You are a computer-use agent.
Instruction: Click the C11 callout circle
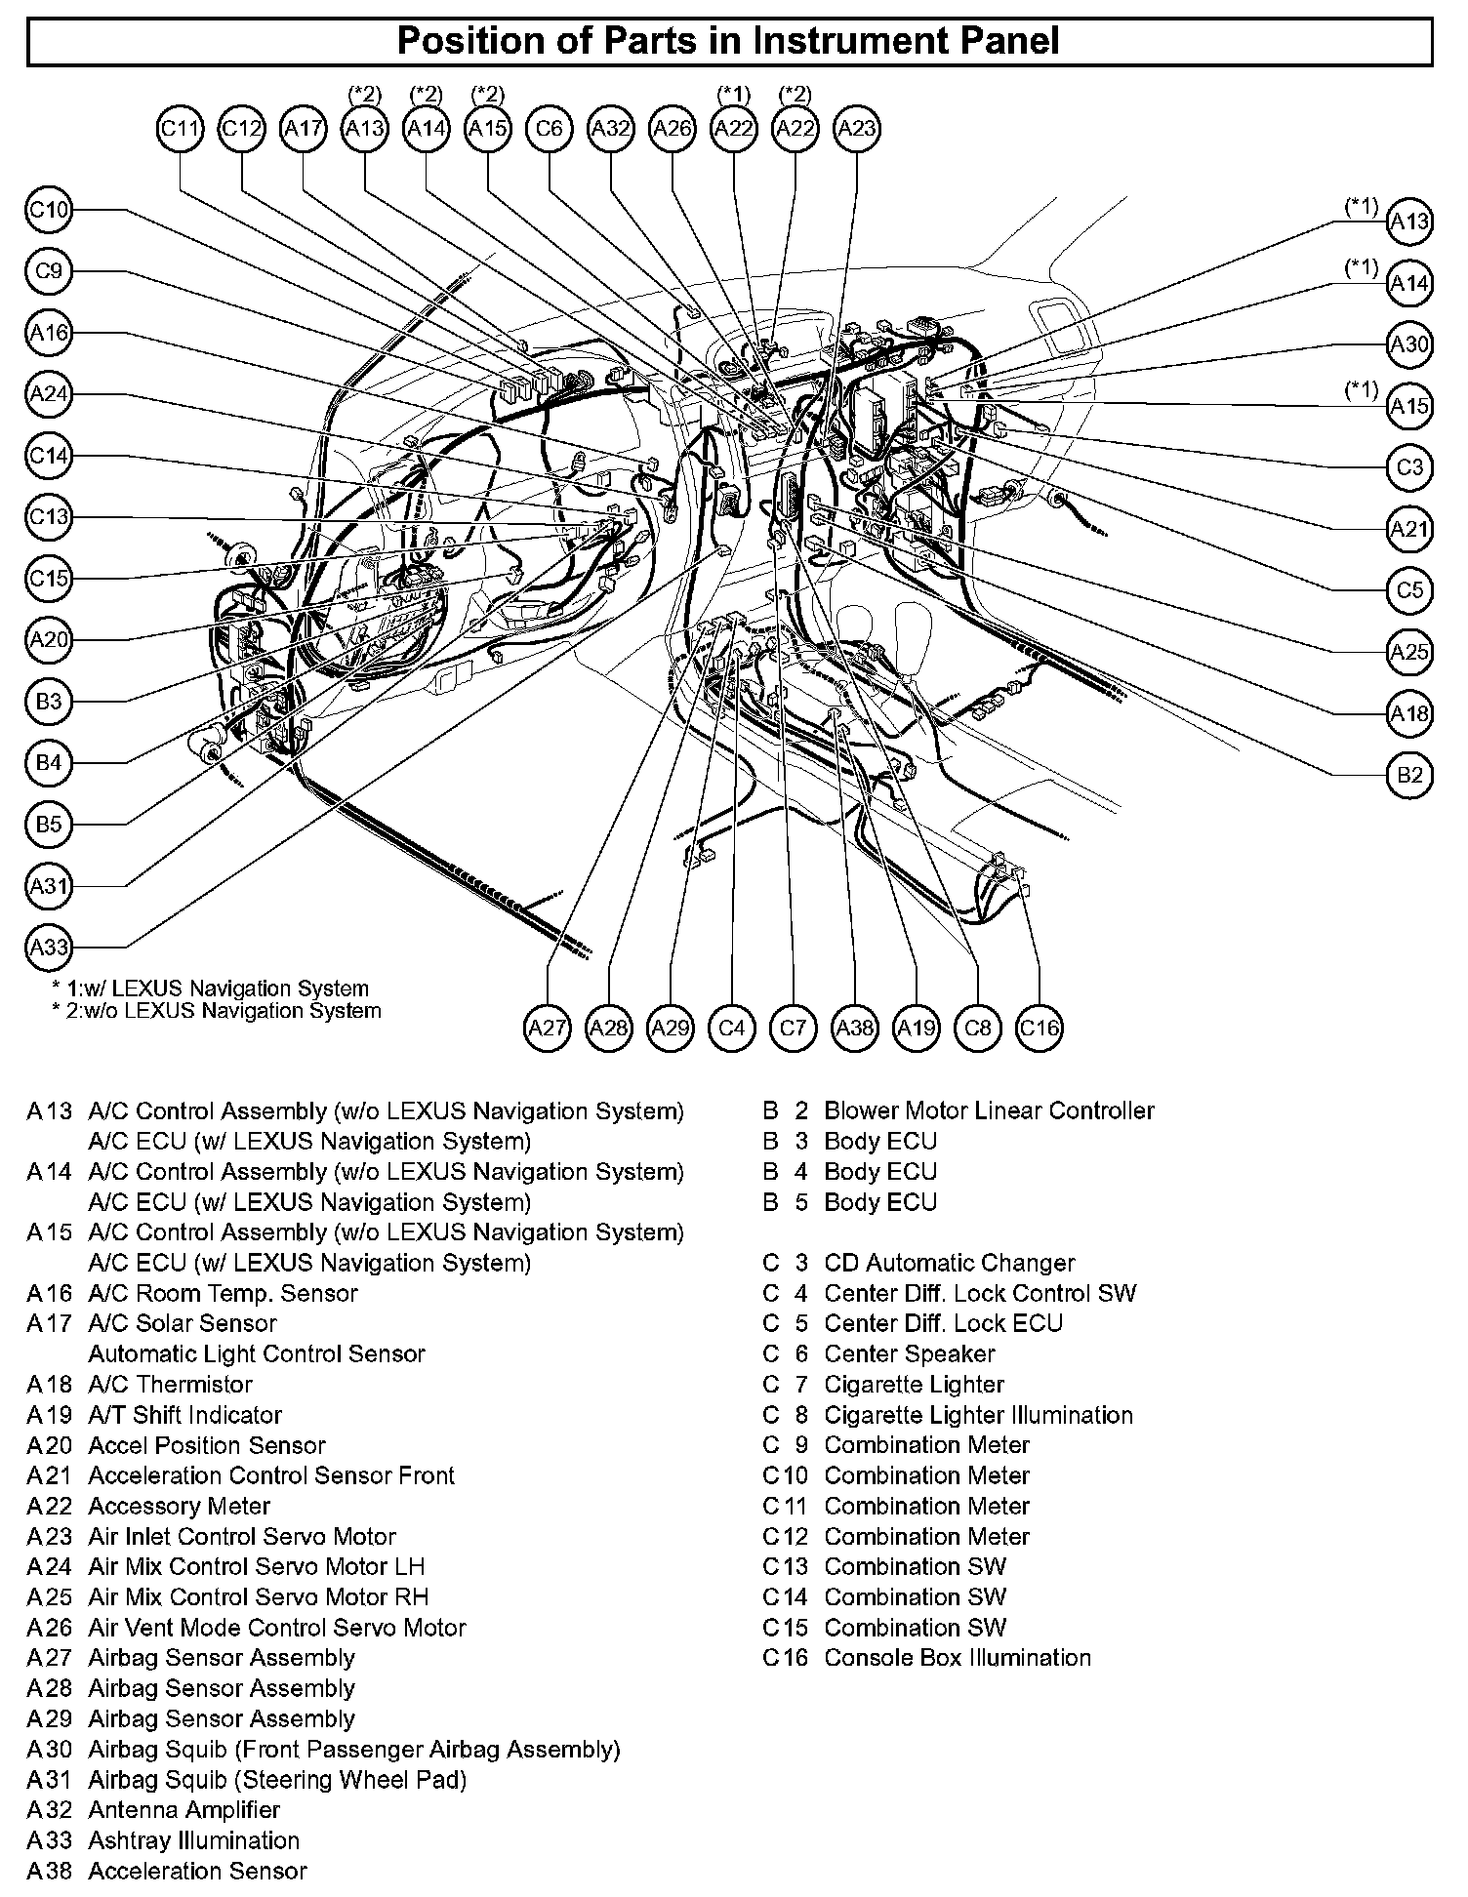pyautogui.click(x=180, y=129)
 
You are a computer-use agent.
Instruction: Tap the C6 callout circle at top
pyautogui.click(x=550, y=129)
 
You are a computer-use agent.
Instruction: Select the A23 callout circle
pyautogui.click(x=857, y=129)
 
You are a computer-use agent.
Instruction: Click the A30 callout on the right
pyautogui.click(x=1408, y=344)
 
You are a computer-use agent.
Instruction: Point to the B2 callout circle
pyautogui.click(x=1408, y=775)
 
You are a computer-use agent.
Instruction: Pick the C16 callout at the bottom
pyautogui.click(x=1039, y=1028)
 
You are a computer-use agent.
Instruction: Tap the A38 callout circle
pyautogui.click(x=855, y=1028)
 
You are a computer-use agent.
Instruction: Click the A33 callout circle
pyautogui.click(x=49, y=947)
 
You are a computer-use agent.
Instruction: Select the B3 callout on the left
pyautogui.click(x=49, y=701)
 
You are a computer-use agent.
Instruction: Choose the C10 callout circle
pyautogui.click(x=49, y=210)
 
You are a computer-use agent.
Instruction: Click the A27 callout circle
pyautogui.click(x=547, y=1028)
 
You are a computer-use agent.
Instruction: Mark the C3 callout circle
pyautogui.click(x=1408, y=467)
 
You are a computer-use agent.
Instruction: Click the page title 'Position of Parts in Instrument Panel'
pyautogui.click(x=728, y=41)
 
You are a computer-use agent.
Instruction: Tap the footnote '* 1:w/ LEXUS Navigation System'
pyautogui.click(x=210, y=989)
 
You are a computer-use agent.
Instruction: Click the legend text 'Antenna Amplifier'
pyautogui.click(x=183, y=1810)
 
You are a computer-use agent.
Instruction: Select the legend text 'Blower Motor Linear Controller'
pyautogui.click(x=989, y=1110)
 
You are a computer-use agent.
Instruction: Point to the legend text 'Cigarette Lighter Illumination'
pyautogui.click(x=978, y=1415)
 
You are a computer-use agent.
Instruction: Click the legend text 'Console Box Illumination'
pyautogui.click(x=958, y=1658)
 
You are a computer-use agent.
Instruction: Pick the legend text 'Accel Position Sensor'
pyautogui.click(x=207, y=1445)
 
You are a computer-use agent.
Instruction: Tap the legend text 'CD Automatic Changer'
pyautogui.click(x=949, y=1263)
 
